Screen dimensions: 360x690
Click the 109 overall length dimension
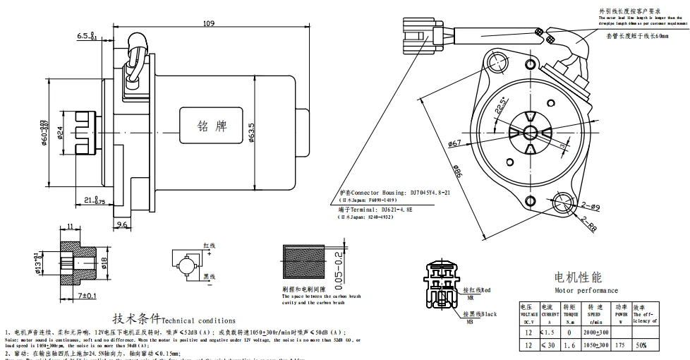pyautogui.click(x=208, y=23)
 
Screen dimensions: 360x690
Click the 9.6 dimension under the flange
pyautogui.click(x=121, y=225)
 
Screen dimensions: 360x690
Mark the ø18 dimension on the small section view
pyautogui.click(x=104, y=262)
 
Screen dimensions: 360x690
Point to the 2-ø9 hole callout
pyautogui.click(x=591, y=206)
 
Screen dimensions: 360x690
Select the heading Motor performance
pyautogui.click(x=586, y=290)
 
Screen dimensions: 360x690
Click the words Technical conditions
pyautogui.click(x=189, y=320)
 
